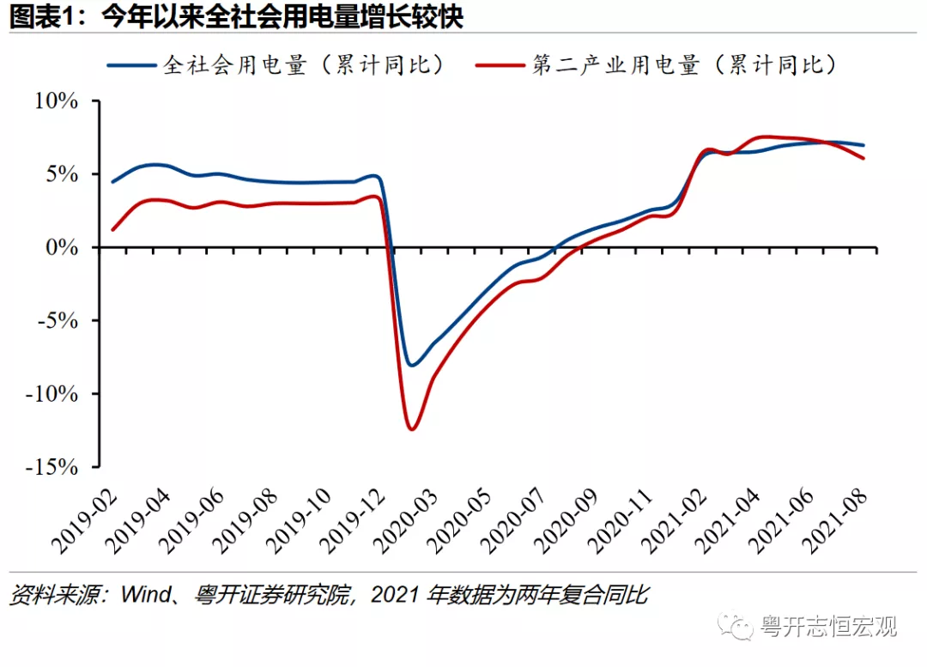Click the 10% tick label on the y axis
tap(57, 101)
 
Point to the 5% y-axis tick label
tap(64, 174)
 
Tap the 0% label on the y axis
tap(64, 247)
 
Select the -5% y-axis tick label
tap(59, 321)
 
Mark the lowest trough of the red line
tap(412, 428)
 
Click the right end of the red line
tap(863, 158)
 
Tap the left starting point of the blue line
tap(112, 182)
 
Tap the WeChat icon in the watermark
tap(736, 626)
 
